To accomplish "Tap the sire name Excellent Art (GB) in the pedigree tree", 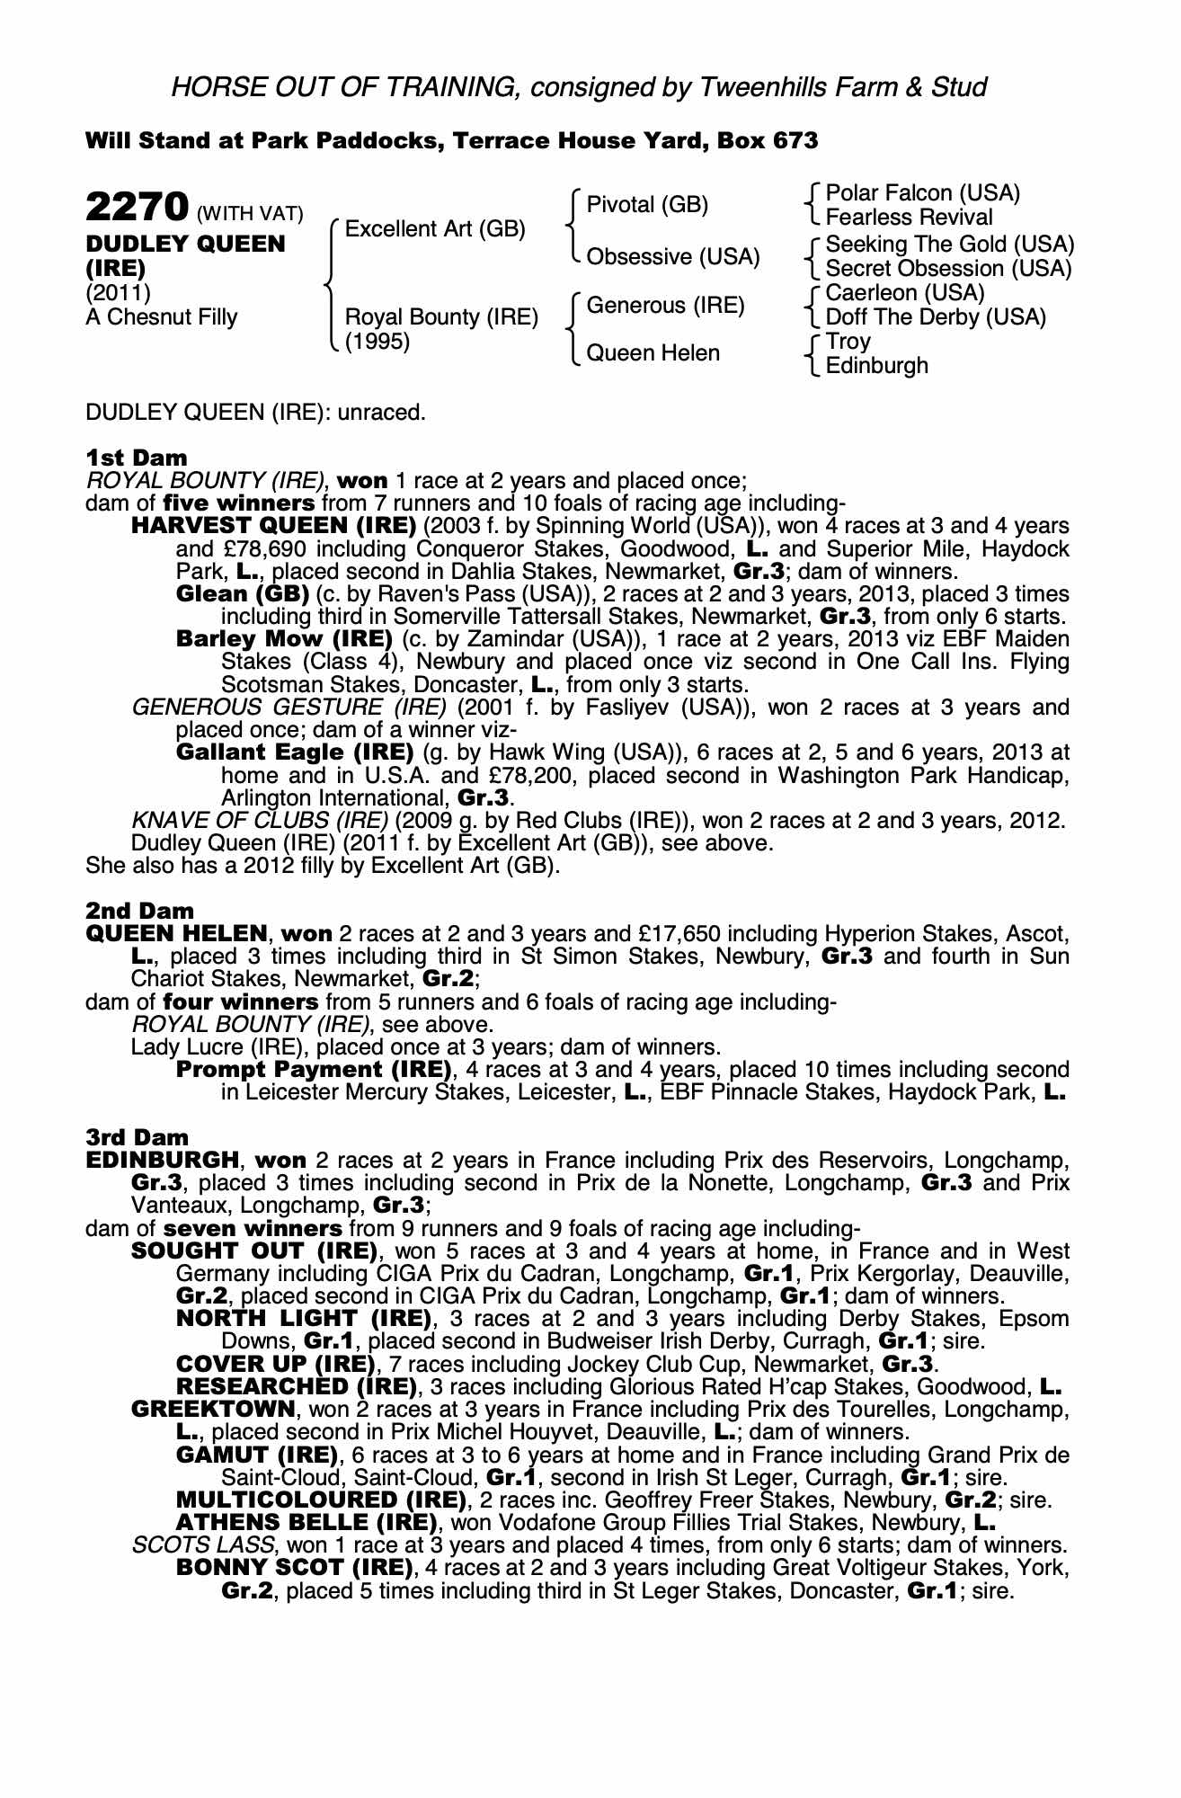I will (x=435, y=229).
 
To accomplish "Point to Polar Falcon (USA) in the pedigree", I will (x=922, y=193).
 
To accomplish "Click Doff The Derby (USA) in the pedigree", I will (x=936, y=316).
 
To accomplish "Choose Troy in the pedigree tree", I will (x=848, y=342).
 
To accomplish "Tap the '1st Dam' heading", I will (x=137, y=458).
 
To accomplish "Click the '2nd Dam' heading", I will (x=139, y=912).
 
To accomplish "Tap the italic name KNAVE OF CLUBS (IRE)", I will (x=260, y=821).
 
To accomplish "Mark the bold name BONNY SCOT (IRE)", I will (x=293, y=1568).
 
